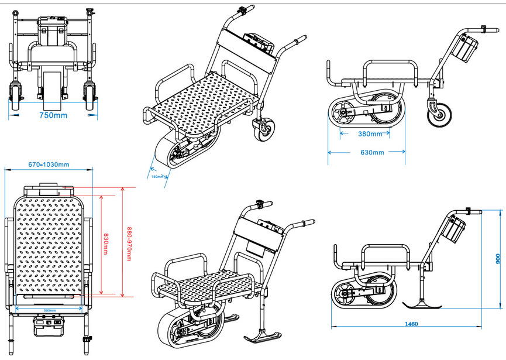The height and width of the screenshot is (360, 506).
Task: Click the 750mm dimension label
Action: pos(53,115)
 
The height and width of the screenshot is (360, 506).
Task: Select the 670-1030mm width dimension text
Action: pos(49,164)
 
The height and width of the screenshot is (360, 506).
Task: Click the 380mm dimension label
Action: pos(369,133)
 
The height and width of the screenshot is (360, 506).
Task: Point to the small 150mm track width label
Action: pos(157,176)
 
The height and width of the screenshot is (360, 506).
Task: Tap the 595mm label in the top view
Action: pos(49,310)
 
